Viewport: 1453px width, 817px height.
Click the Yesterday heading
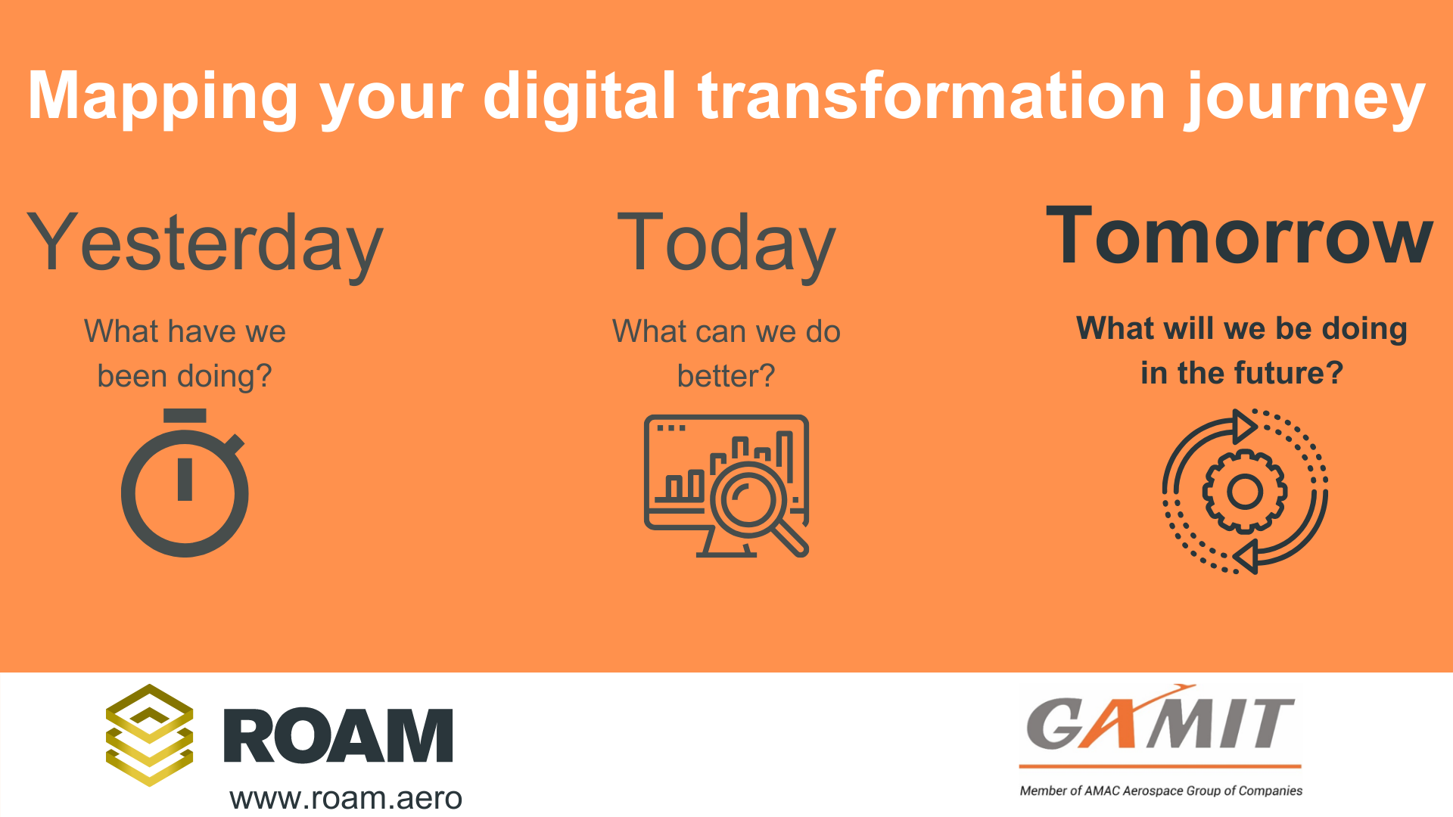pos(205,244)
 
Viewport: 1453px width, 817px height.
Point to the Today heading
pos(726,244)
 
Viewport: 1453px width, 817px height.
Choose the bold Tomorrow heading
pos(1240,236)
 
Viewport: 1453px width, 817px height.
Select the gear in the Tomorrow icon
pos(1245,492)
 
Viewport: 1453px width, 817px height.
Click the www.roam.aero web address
pos(346,798)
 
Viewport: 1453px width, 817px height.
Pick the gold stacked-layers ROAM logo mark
pos(149,735)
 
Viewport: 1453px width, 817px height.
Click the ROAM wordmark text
pos(338,735)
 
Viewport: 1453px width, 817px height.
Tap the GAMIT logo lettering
pos(1160,722)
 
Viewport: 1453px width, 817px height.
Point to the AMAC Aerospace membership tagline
pos(1161,791)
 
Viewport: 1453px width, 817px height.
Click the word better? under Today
pos(726,375)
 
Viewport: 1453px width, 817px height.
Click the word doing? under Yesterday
pos(225,377)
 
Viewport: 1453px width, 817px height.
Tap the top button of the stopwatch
pos(185,415)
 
